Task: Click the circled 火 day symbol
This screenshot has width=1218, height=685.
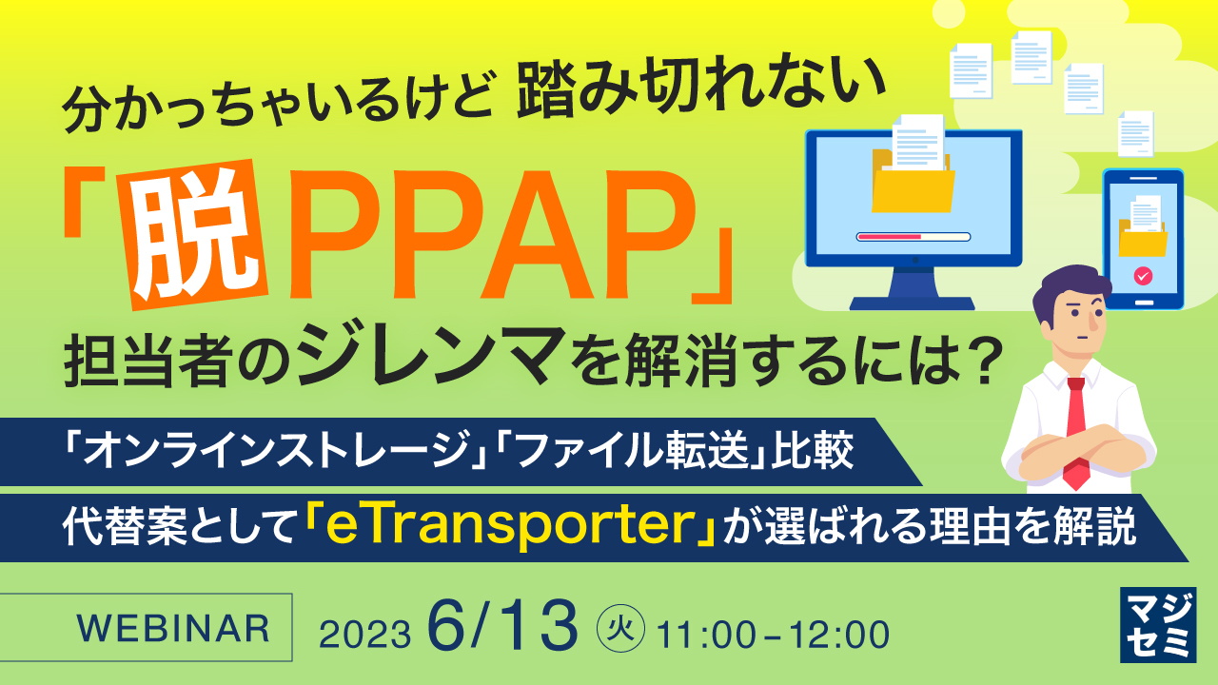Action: click(x=621, y=628)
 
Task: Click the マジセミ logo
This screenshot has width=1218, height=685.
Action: click(x=1154, y=625)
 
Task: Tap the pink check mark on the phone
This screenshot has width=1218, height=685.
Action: click(x=1142, y=277)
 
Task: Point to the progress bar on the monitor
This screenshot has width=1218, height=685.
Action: click(x=913, y=236)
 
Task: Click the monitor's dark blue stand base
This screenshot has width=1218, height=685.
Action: click(x=913, y=303)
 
